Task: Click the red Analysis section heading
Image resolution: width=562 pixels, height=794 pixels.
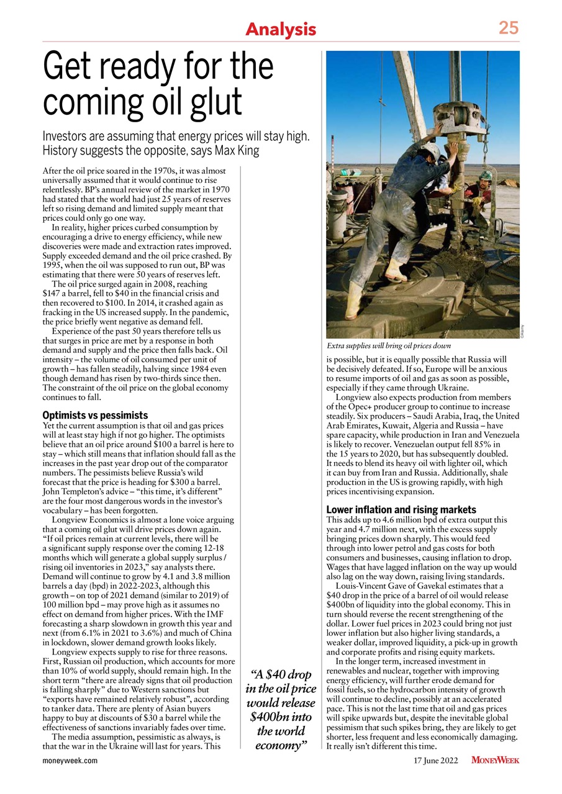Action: click(x=281, y=29)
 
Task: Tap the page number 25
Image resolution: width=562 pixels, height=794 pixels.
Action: click(x=508, y=28)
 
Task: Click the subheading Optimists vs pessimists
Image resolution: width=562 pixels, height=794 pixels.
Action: click(x=95, y=414)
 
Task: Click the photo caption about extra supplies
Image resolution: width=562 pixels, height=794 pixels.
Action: click(x=388, y=345)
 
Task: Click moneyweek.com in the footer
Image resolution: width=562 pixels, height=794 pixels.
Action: click(x=70, y=760)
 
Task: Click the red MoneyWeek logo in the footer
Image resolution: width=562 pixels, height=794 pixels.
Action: click(x=495, y=760)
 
